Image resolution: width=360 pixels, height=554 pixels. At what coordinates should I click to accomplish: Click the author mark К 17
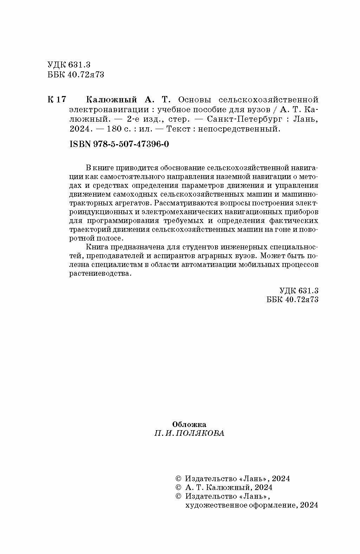pyautogui.click(x=56, y=99)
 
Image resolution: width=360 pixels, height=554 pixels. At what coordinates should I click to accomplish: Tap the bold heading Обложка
pyautogui.click(x=190, y=424)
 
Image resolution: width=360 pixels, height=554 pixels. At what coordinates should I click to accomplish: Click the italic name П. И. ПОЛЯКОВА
pyautogui.click(x=189, y=433)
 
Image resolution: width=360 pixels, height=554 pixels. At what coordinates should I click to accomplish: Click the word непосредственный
pyautogui.click(x=239, y=129)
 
